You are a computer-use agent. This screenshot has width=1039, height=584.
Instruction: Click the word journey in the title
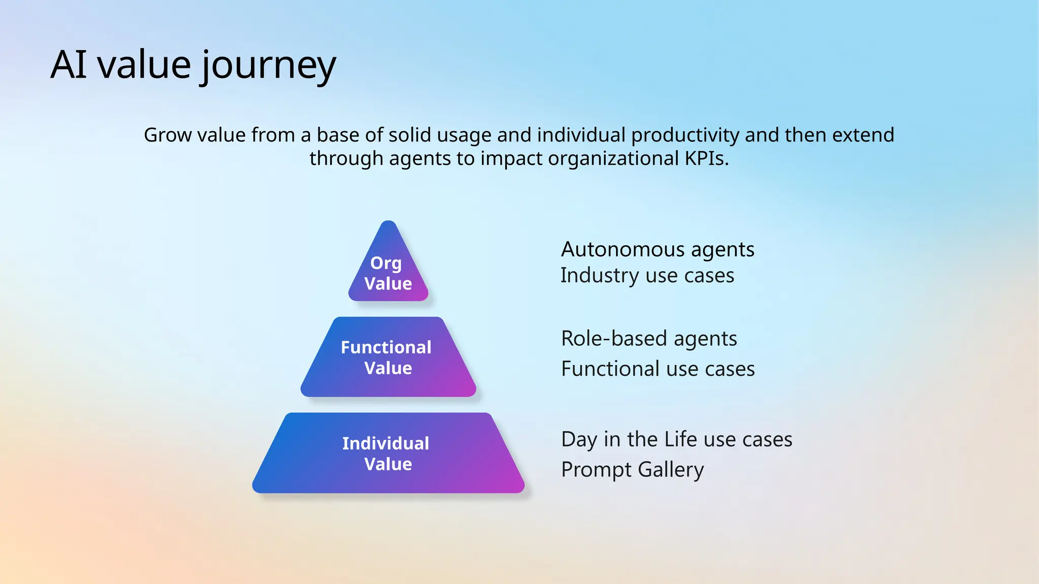(x=268, y=66)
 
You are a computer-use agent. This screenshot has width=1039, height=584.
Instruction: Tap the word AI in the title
(x=68, y=65)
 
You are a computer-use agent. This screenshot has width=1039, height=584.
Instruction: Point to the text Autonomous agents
(x=657, y=249)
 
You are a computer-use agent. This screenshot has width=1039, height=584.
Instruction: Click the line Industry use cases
(x=647, y=276)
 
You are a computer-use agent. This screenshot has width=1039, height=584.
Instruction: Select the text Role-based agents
(x=649, y=339)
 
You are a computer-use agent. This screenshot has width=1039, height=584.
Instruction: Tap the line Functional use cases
(x=657, y=369)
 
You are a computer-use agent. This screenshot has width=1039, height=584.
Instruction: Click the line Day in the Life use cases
(x=676, y=439)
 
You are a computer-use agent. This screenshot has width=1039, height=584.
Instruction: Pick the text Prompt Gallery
(x=632, y=469)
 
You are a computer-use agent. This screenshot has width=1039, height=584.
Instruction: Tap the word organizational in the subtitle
(x=613, y=159)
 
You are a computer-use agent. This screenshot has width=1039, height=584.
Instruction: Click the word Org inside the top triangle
(x=386, y=264)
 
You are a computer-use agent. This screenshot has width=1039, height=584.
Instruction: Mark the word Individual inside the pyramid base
(x=386, y=444)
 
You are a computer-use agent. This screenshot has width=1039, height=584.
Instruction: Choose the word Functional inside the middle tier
(x=386, y=347)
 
